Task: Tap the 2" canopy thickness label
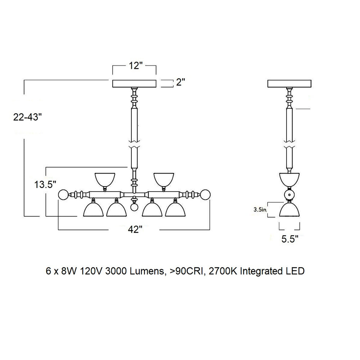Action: point(180,82)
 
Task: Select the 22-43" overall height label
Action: point(28,117)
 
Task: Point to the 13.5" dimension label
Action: point(45,184)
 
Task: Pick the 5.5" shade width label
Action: point(290,239)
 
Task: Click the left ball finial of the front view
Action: point(63,195)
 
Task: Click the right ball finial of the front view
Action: point(205,195)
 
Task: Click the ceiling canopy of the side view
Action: point(289,84)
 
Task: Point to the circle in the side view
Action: point(289,195)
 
